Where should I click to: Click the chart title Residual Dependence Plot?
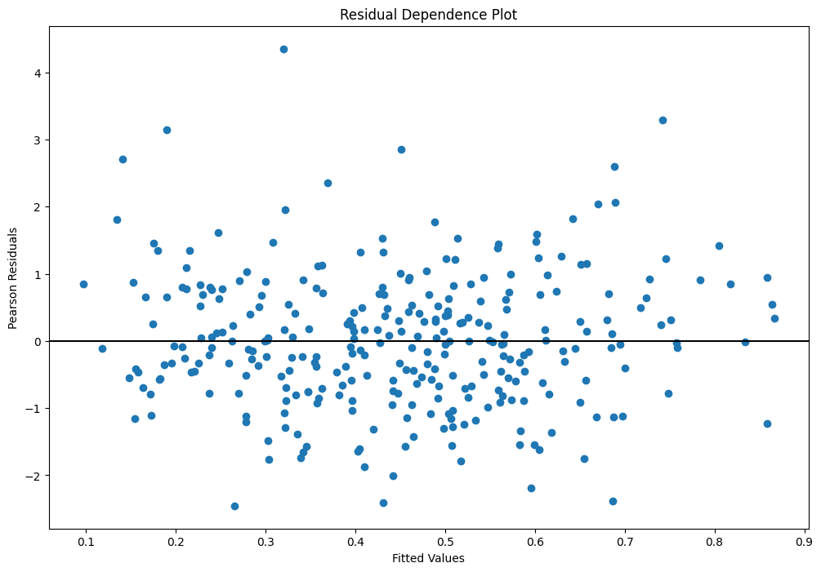click(x=429, y=15)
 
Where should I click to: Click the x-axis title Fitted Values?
click(x=429, y=558)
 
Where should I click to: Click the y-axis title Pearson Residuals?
click(x=13, y=277)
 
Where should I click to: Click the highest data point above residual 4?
click(x=283, y=49)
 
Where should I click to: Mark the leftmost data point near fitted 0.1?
click(x=83, y=284)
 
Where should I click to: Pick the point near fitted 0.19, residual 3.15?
click(x=167, y=130)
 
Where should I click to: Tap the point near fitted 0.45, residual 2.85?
click(x=401, y=149)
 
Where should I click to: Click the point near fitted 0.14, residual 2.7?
click(x=123, y=159)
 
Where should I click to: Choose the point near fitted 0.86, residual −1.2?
click(x=767, y=423)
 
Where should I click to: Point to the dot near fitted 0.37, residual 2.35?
click(x=328, y=183)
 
